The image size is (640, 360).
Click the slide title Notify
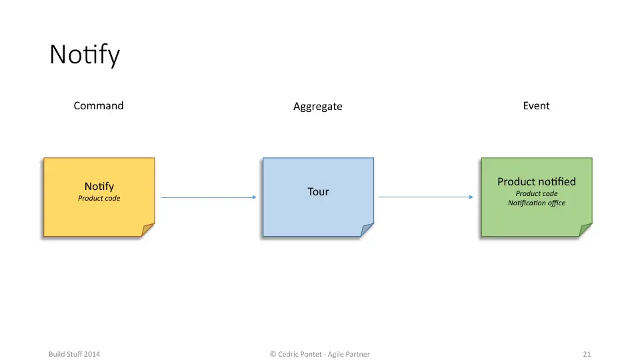point(85,55)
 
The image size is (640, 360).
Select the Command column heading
point(99,106)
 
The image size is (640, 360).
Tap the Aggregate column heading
point(317,107)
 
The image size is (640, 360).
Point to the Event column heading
point(536,106)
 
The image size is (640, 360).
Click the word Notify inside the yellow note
point(99,187)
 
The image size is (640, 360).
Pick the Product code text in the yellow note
point(99,199)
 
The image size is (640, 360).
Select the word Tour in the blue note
point(318,191)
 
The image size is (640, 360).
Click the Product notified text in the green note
point(536,181)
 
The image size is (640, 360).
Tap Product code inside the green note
point(536,193)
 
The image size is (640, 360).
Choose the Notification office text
point(536,203)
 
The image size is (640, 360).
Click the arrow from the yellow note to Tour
point(209,197)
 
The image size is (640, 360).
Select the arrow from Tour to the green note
point(426,197)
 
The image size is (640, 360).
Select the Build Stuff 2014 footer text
point(74,354)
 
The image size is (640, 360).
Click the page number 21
point(587,354)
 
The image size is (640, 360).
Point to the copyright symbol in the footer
point(273,354)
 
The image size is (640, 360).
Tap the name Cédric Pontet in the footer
point(300,354)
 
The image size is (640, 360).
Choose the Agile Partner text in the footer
point(349,354)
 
